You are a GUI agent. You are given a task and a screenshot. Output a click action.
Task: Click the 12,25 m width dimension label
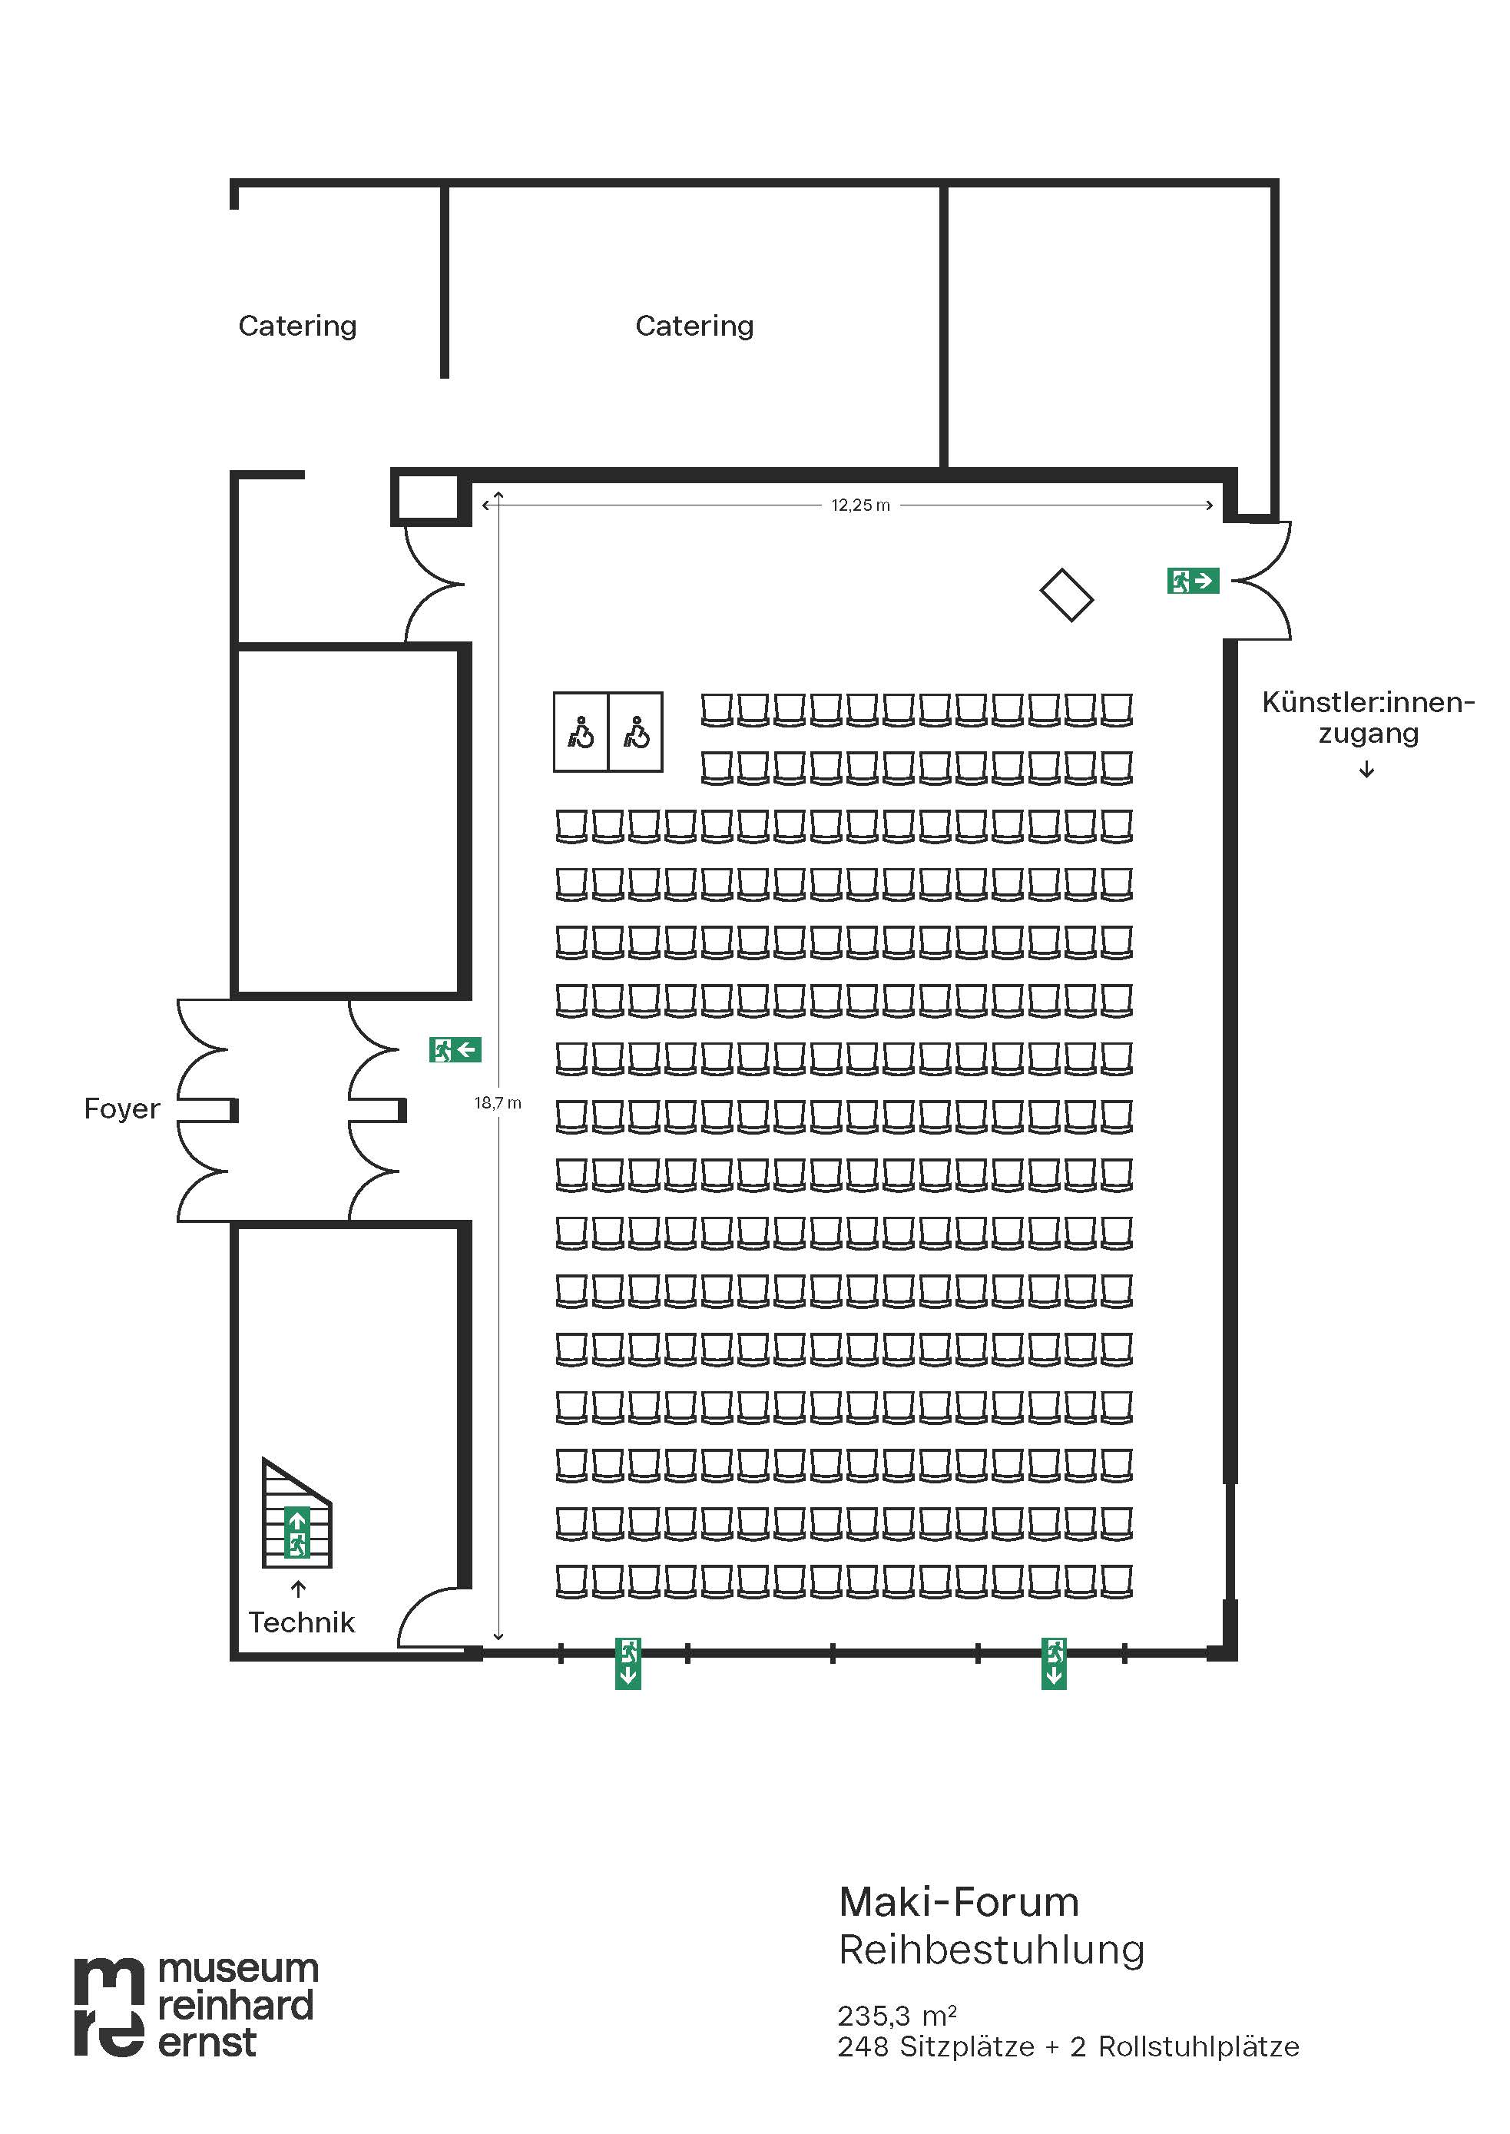(860, 505)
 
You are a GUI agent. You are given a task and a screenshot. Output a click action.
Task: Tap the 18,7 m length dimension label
(498, 1103)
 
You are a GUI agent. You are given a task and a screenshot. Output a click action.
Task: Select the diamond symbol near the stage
(1067, 595)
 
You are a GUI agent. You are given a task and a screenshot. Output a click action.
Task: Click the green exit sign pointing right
(1193, 582)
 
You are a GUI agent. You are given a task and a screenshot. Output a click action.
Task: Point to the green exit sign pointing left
(455, 1050)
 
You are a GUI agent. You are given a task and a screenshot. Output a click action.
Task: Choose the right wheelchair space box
(636, 732)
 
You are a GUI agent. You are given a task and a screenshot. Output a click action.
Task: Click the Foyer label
(122, 1108)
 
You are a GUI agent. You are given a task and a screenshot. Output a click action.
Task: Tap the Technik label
(301, 1622)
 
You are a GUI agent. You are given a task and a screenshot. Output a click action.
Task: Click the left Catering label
(297, 326)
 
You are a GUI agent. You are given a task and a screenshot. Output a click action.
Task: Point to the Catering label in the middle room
(694, 326)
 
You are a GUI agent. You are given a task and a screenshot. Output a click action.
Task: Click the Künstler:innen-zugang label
(1368, 717)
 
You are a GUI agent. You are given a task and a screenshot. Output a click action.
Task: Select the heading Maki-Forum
(959, 1903)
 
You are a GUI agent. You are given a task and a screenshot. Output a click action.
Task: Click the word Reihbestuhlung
(991, 1950)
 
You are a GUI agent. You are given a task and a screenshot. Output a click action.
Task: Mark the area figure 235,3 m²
(896, 2016)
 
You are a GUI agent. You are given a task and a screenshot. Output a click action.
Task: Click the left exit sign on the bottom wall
(628, 1664)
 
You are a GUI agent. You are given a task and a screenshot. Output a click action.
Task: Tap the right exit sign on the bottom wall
(1054, 1664)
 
